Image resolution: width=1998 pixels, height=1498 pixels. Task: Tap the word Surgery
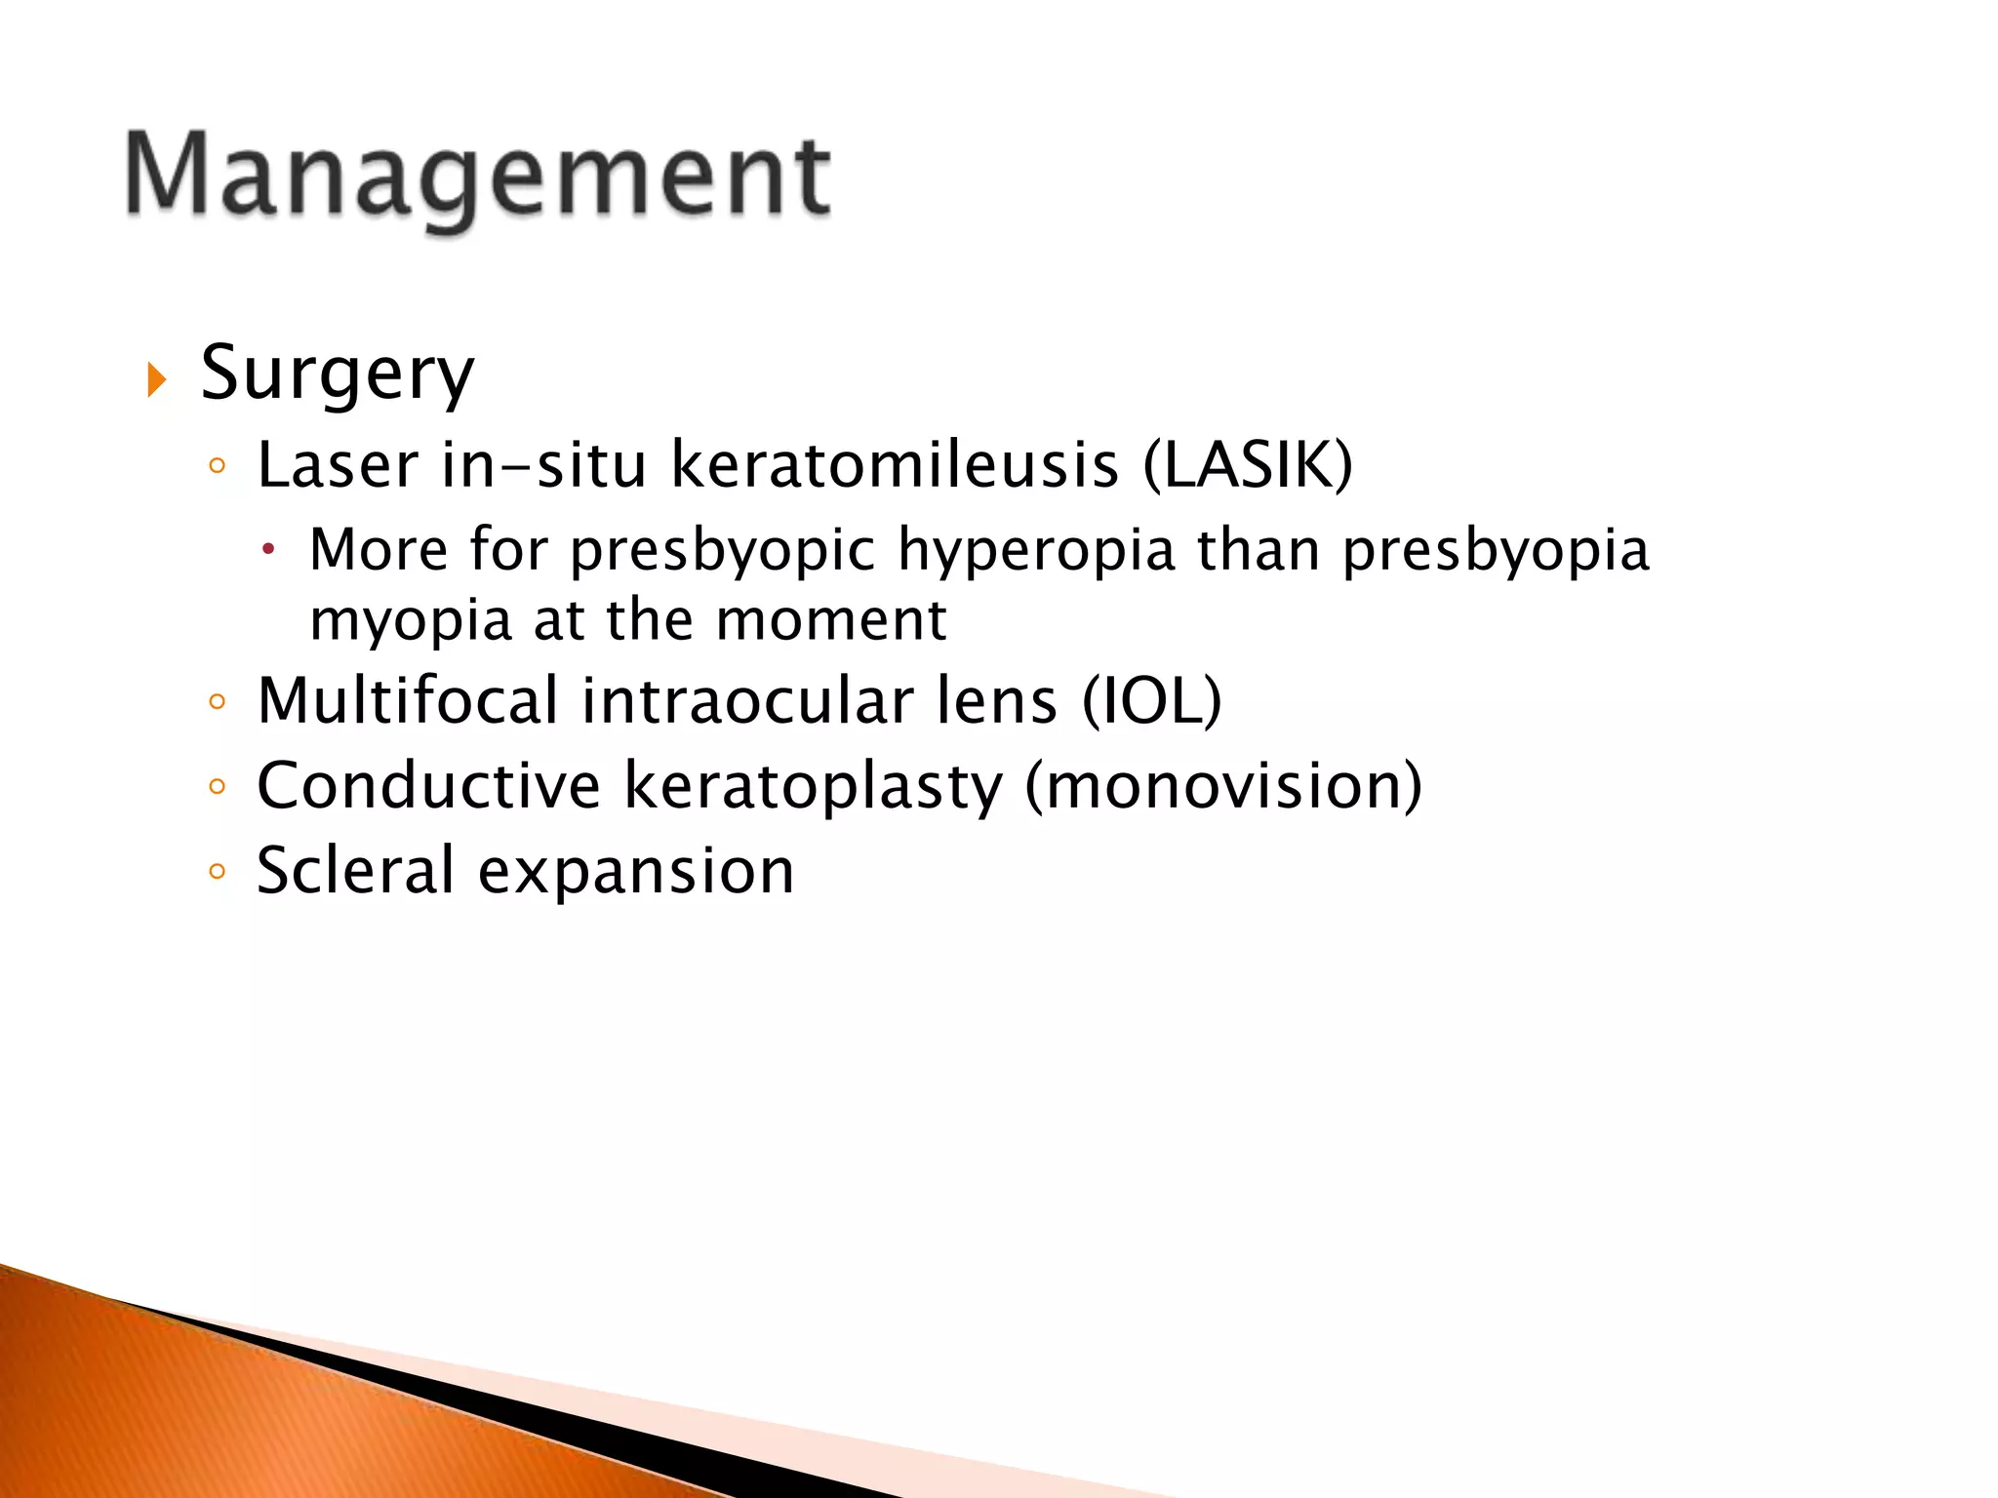337,374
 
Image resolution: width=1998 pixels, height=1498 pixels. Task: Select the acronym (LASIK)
1248,464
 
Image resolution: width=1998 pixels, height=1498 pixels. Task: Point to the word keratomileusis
895,464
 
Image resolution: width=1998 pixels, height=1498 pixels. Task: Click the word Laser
338,464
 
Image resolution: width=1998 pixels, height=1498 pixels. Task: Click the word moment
830,620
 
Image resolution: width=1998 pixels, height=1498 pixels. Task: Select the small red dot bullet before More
268,551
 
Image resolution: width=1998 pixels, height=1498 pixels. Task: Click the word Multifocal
408,700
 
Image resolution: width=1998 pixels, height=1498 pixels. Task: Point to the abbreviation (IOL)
1151,700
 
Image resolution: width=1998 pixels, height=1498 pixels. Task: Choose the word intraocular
747,700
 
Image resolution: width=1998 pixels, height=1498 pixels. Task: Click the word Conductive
428,785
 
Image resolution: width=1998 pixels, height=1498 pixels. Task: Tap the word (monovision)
1223,785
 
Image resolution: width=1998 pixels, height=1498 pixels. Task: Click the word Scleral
355,870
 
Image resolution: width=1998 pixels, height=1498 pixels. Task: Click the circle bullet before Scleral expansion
217,871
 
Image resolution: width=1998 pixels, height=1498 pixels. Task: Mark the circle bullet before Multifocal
217,701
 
